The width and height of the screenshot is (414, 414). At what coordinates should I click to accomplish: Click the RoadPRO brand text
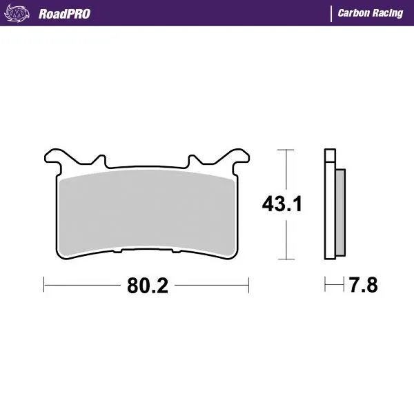pos(64,14)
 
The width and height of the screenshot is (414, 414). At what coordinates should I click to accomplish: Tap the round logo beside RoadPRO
pos(21,13)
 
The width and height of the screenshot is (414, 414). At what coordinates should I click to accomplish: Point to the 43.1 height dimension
pos(282,204)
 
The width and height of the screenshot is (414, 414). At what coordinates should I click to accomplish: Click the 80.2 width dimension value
pos(147,285)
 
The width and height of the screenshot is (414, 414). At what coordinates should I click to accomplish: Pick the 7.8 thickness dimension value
pos(363,285)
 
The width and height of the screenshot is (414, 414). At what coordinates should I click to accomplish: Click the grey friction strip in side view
pos(339,211)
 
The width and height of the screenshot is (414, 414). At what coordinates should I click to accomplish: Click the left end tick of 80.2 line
pos(44,284)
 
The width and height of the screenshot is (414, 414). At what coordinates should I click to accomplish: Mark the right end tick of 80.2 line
pos(248,284)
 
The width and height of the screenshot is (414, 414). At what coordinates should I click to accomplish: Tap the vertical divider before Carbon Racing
pos(332,14)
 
